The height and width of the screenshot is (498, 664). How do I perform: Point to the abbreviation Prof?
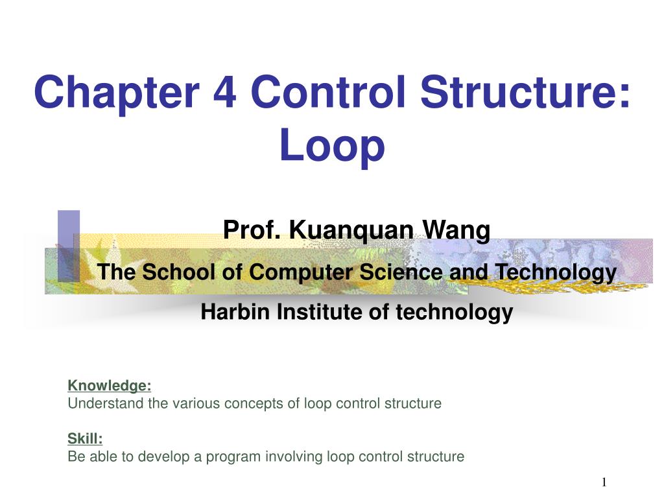(x=252, y=230)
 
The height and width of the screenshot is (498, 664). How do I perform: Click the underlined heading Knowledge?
(x=110, y=386)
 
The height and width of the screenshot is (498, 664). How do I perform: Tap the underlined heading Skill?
(x=85, y=439)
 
